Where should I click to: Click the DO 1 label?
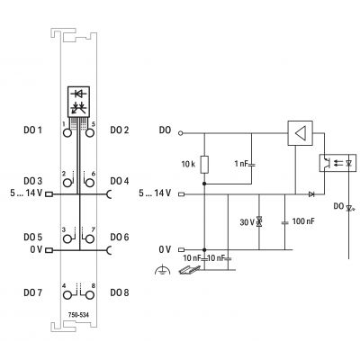(x=32, y=130)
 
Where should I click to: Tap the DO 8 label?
(x=120, y=292)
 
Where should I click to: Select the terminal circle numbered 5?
(x=90, y=132)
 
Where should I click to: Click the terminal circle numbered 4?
(x=67, y=295)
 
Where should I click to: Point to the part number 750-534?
(x=78, y=315)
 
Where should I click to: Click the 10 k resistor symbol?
(x=204, y=165)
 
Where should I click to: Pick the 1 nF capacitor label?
(x=241, y=164)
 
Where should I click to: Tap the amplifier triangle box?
(x=300, y=133)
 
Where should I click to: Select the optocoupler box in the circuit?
(x=337, y=163)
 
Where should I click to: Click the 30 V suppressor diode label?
(x=247, y=222)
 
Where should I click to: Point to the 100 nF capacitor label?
(x=303, y=221)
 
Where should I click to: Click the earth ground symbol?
(x=162, y=270)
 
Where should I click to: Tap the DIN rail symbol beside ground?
(x=189, y=270)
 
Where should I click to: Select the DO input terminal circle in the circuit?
(x=180, y=133)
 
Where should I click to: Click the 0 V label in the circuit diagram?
(x=165, y=249)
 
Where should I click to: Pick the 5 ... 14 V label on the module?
(x=26, y=193)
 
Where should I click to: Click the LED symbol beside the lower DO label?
(x=349, y=208)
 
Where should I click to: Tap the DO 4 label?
(x=120, y=181)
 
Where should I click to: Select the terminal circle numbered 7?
(x=90, y=238)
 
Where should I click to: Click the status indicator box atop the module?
(x=78, y=102)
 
